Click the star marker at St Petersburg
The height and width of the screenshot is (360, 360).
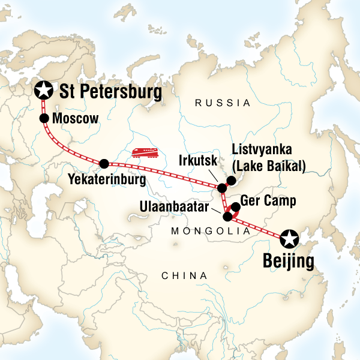[43, 91]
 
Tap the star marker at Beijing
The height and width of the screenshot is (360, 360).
[289, 239]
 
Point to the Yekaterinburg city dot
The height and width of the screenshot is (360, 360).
[104, 163]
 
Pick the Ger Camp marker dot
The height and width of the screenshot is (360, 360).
[236, 208]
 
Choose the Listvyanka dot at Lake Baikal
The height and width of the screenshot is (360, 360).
[230, 179]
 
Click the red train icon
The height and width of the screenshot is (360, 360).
[144, 153]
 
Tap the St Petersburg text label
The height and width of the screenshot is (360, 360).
[111, 92]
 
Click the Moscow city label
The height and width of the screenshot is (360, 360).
[75, 119]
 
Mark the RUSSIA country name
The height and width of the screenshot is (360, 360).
[223, 103]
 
